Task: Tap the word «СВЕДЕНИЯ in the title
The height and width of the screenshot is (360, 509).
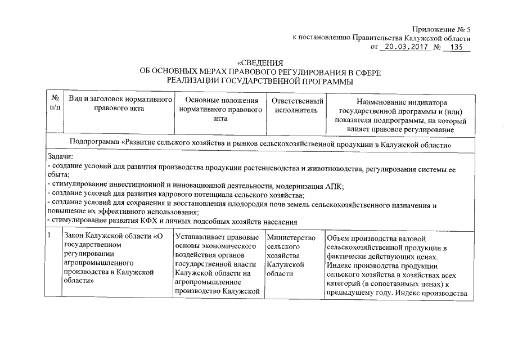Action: click(x=260, y=62)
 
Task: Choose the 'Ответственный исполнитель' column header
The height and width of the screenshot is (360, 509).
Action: click(x=297, y=106)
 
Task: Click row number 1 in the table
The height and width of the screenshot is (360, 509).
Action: click(x=50, y=236)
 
